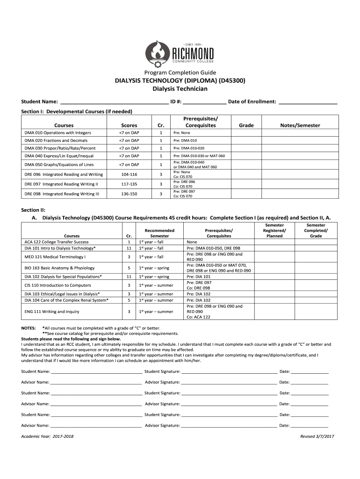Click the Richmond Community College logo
180,52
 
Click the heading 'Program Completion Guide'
180,73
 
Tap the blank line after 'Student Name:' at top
115,102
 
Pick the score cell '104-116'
129,174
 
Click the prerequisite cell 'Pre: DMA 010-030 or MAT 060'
199,156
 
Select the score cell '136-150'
129,193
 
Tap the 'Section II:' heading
33,210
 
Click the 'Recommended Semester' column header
159,233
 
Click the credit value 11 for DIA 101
129,248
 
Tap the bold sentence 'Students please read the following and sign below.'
71,339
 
